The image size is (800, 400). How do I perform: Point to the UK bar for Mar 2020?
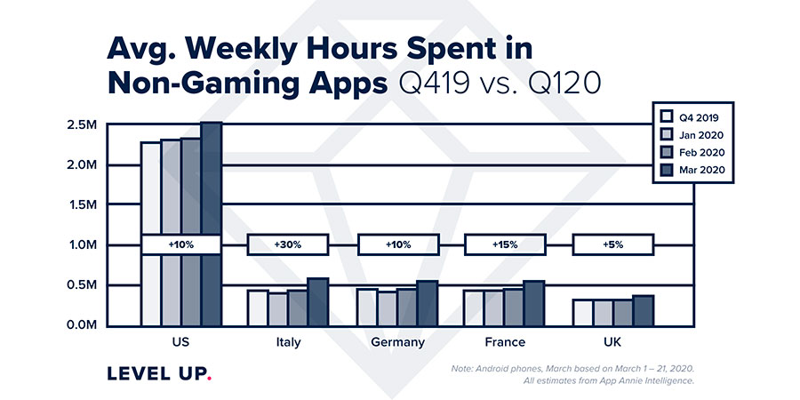[643, 310]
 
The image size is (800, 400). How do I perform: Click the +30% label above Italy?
[289, 244]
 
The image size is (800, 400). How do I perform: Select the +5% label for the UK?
[613, 244]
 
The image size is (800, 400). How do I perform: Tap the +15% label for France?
[506, 244]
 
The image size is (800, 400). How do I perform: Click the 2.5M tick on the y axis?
[82, 124]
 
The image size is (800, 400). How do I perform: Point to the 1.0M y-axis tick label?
[82, 244]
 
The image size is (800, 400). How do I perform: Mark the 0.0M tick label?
[82, 324]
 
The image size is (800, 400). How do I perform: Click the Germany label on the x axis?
[397, 342]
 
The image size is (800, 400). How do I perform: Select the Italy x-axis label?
[289, 342]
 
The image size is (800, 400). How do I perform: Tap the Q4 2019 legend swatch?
[666, 116]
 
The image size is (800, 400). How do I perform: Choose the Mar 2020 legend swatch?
[666, 169]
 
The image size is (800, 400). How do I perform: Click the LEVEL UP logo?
[159, 372]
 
